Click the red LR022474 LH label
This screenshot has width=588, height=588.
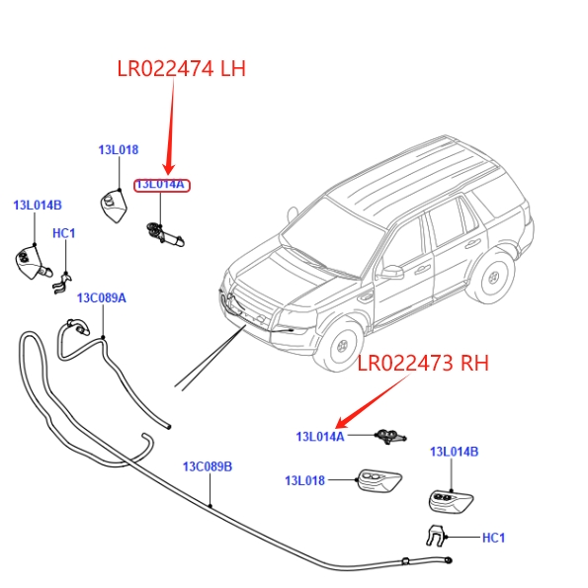click(182, 68)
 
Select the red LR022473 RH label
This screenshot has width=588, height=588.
click(423, 363)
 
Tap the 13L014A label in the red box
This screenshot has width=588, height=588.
click(162, 185)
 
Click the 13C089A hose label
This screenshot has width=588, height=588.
click(101, 298)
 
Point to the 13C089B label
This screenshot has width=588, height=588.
click(208, 466)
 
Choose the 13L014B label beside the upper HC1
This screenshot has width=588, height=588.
click(38, 206)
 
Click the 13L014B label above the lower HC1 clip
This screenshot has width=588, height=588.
click(455, 452)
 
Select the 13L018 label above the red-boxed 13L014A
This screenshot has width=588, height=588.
click(119, 150)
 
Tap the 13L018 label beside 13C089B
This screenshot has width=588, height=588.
click(305, 480)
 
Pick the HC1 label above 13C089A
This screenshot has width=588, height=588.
click(64, 233)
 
